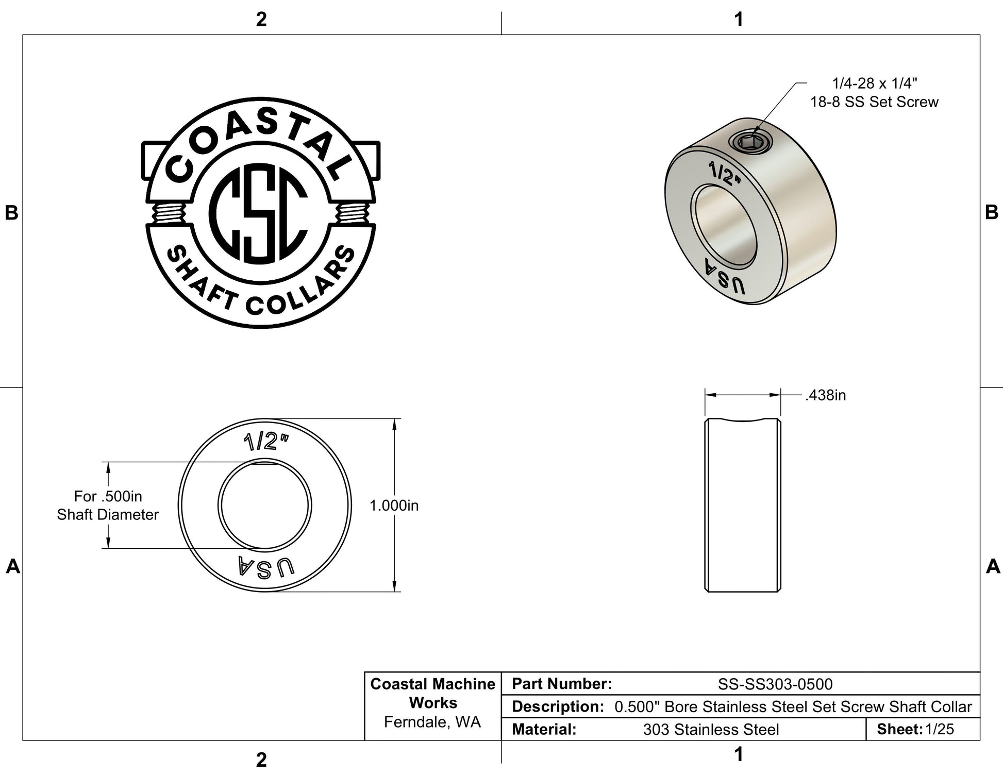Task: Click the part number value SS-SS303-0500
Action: [x=775, y=684]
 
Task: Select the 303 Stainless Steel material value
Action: [x=711, y=730]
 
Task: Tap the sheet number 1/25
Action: [x=939, y=729]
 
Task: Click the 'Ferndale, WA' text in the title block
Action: [x=432, y=722]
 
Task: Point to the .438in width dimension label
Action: [x=826, y=395]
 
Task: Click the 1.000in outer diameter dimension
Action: [x=394, y=506]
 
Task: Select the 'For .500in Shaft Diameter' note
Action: [x=108, y=505]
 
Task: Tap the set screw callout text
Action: [x=874, y=92]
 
